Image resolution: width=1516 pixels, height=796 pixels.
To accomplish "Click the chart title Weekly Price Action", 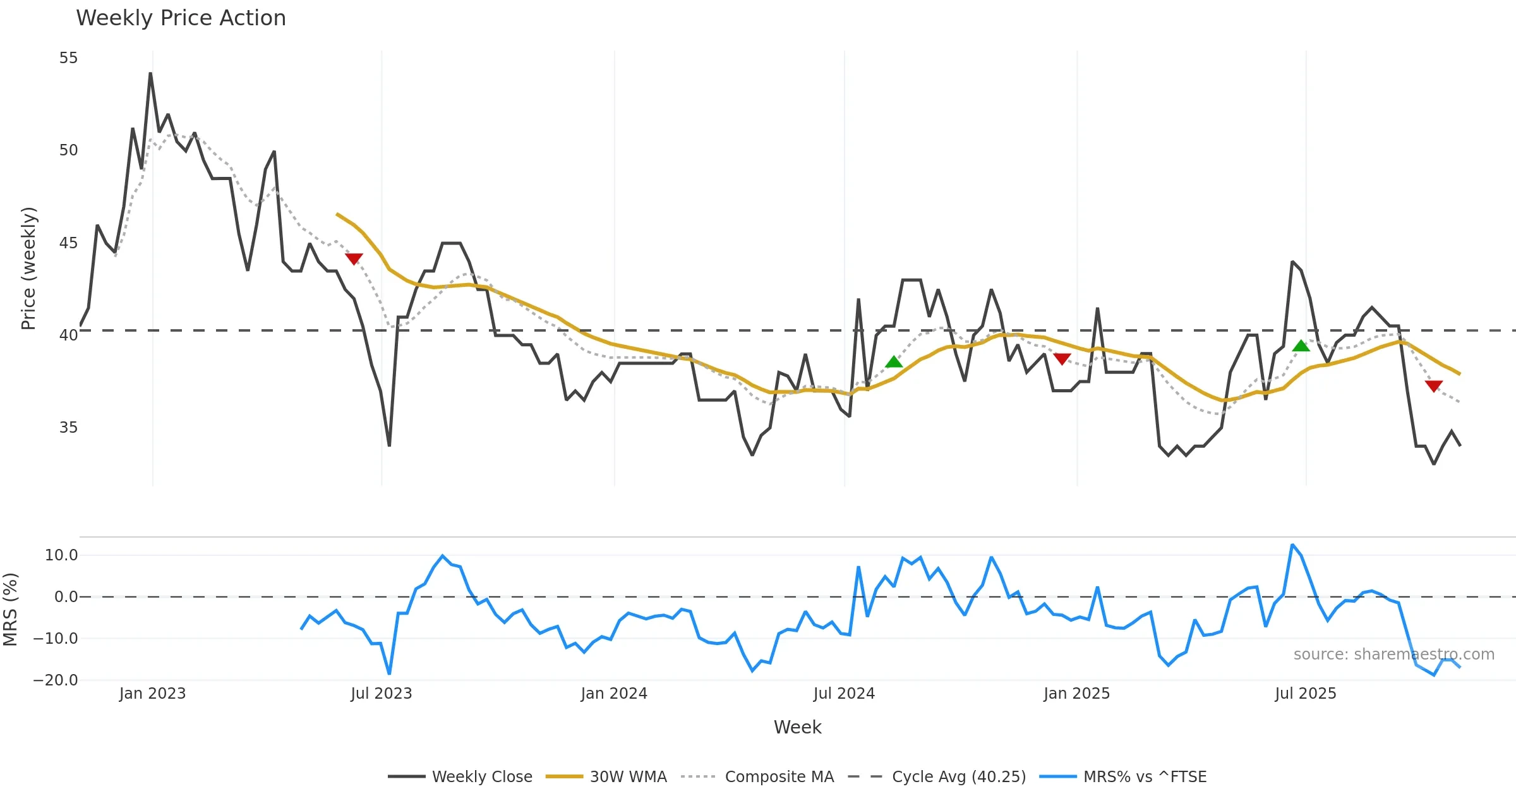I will (181, 18).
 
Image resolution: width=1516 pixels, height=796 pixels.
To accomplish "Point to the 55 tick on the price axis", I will (68, 58).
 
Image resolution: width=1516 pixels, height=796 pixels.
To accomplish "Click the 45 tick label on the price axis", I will (68, 243).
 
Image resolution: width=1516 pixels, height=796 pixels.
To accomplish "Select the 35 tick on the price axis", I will (68, 428).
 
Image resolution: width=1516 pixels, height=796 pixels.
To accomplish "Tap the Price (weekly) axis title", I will (29, 268).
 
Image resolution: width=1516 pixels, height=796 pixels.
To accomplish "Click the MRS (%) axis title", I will (10, 609).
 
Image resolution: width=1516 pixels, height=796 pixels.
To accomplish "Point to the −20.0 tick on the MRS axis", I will (56, 680).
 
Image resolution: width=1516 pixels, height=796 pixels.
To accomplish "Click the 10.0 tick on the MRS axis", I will (61, 555).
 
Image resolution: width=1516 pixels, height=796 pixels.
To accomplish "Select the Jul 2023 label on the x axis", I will (381, 694).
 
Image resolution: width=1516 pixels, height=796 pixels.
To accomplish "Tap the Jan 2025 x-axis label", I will (1076, 694).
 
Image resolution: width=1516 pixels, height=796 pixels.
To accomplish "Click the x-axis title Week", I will (797, 727).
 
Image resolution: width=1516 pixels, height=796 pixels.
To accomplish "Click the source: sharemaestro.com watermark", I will (1393, 654).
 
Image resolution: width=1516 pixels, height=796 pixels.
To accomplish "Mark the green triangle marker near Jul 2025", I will (1301, 346).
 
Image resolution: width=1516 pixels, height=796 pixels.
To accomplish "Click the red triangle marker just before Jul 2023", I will (354, 258).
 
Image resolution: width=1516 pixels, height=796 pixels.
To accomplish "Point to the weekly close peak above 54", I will (150, 73).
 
